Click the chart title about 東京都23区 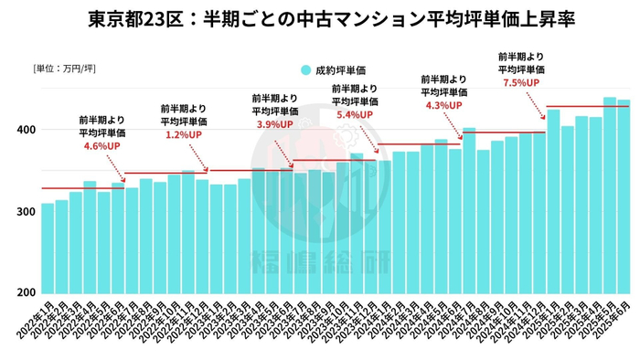320,19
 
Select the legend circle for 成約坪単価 304,69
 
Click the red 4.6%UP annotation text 101,145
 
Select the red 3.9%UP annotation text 274,123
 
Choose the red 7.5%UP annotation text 521,82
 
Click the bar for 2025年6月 624,196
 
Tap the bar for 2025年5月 610,195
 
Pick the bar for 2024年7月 469,210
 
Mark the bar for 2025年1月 553,201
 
